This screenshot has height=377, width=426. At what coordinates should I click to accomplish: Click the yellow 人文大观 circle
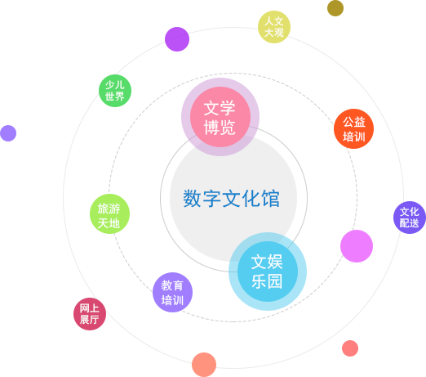pos(274,27)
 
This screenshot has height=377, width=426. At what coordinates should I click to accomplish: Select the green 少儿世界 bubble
pos(115,91)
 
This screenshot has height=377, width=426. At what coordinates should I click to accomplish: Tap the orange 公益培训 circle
pos(353,128)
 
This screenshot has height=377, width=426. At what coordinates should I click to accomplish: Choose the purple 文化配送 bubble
pos(410,218)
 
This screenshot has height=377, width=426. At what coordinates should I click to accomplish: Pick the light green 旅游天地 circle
pos(109,213)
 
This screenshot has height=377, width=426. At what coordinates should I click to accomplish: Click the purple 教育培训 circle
pos(172,292)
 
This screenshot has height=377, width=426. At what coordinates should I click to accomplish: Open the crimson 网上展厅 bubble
pos(90,314)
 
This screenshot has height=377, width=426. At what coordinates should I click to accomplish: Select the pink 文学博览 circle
pos(220,117)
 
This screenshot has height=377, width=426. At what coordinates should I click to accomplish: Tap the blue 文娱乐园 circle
pos(268,272)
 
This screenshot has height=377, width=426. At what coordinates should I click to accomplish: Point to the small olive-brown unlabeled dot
pos(335,8)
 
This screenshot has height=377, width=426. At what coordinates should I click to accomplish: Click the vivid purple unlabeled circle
pos(177,39)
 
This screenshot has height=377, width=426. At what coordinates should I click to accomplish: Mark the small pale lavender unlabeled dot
pos(8,133)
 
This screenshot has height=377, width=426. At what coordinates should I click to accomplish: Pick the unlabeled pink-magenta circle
pos(357,246)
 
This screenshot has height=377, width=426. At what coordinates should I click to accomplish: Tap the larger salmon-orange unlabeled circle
pos(204,365)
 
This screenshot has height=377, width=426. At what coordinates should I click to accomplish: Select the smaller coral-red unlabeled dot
pos(350,348)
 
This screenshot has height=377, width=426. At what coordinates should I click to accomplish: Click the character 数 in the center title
pos(192,199)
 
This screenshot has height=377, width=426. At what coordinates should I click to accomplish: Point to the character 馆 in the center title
pos(271,199)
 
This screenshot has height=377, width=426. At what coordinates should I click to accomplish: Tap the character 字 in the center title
pos(211,199)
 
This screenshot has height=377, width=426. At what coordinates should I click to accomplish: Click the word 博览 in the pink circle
pos(220,127)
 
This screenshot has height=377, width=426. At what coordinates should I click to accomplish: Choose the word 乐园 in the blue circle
pos(267,281)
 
